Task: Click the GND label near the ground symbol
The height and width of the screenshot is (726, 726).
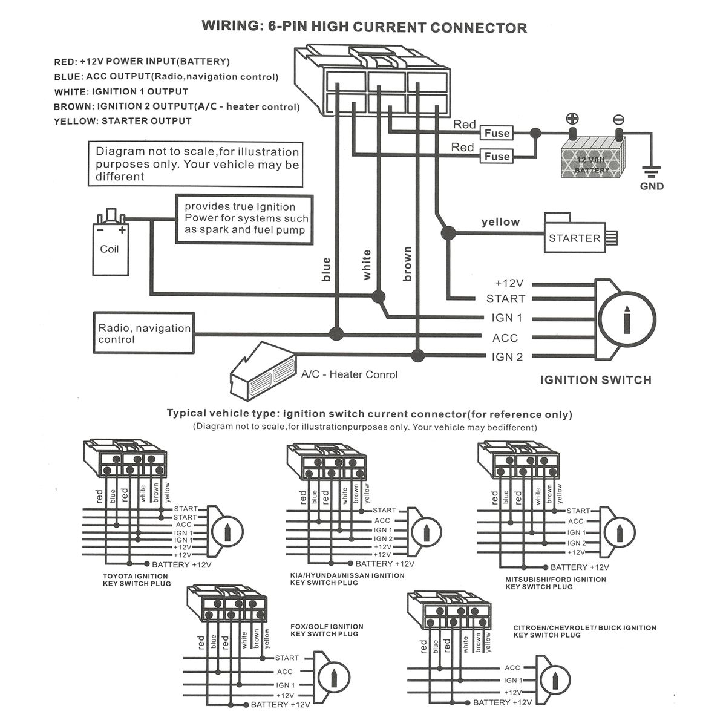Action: tap(652, 186)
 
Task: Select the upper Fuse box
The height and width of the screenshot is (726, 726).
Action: tap(497, 133)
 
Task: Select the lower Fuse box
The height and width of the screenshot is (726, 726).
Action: tap(497, 156)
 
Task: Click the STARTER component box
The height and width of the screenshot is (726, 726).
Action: tap(574, 237)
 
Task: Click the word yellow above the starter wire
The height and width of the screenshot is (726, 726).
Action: tap(500, 222)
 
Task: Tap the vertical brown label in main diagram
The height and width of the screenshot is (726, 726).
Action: tap(408, 264)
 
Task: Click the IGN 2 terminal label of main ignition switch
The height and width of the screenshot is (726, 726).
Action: tap(507, 357)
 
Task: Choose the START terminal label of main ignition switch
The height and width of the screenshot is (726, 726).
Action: tap(506, 299)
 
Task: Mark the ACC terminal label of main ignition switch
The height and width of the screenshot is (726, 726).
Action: tap(505, 338)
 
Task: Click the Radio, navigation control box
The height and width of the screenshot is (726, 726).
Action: tap(144, 333)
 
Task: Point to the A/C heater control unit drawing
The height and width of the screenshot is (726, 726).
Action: tap(264, 370)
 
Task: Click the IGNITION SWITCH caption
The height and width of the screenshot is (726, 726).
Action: tap(595, 380)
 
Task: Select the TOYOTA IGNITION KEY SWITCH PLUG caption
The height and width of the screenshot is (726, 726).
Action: tap(137, 580)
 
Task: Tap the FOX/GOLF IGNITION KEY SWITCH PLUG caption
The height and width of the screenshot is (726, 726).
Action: tap(327, 630)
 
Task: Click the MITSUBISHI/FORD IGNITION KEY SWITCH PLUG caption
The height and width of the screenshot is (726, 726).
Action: tap(555, 583)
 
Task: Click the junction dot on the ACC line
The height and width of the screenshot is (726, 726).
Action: tap(336, 333)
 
